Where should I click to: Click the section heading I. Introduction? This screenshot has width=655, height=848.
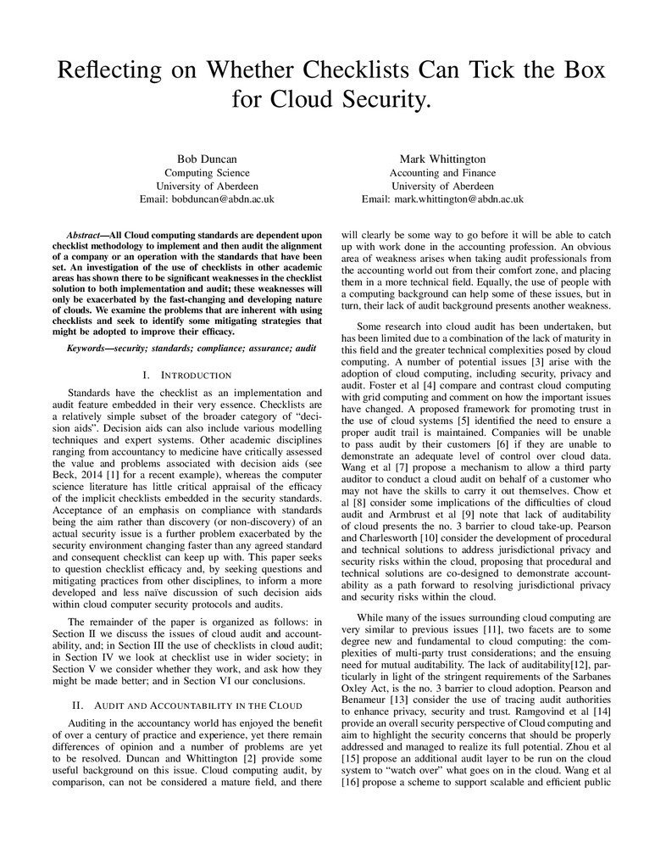[188, 375]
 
